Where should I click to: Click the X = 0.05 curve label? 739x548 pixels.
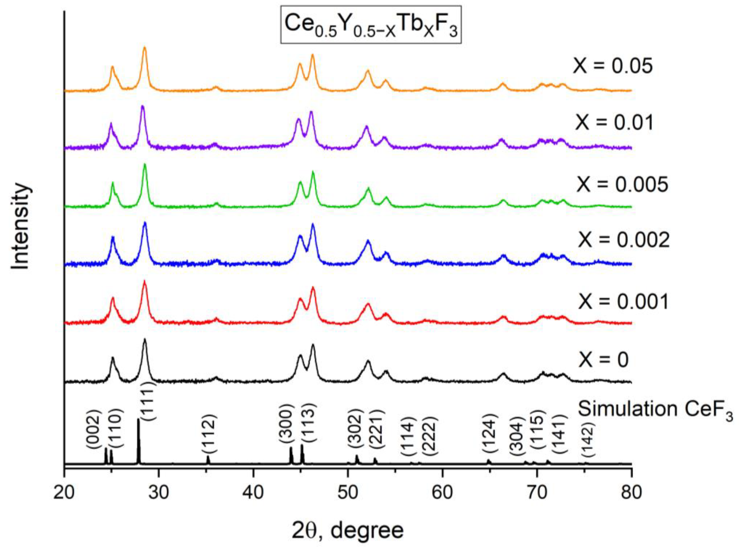click(613, 66)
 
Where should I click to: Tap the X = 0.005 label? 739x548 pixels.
click(622, 185)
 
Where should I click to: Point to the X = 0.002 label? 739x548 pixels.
click(623, 240)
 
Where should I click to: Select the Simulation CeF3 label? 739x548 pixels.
click(655, 411)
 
